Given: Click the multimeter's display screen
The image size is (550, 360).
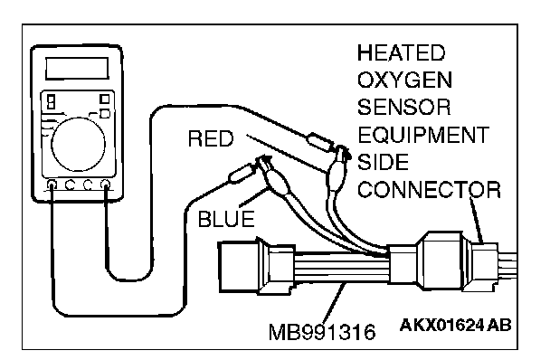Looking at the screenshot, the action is [x=77, y=68].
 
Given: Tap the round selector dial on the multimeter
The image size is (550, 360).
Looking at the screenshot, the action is [x=78, y=144].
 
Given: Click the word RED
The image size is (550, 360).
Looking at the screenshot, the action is [x=211, y=138].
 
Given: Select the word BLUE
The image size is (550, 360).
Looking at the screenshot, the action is [x=226, y=219].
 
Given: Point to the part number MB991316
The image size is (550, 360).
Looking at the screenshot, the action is [x=322, y=332].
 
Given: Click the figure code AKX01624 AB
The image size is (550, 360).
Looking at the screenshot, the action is [x=455, y=326].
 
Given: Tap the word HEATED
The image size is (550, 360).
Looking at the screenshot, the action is [x=402, y=53].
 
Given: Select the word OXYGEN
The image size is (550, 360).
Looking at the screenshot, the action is [x=404, y=80].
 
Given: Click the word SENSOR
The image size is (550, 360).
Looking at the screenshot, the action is [x=403, y=107].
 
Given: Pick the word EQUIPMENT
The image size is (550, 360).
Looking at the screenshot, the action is [x=423, y=135].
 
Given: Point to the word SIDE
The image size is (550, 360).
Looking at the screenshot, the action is [x=383, y=162].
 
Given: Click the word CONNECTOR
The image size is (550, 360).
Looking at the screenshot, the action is [x=429, y=189].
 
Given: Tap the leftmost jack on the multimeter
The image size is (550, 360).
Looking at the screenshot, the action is [x=52, y=185].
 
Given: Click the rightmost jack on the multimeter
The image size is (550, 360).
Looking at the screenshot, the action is [x=105, y=185].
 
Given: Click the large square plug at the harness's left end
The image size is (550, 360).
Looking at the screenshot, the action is [x=239, y=267].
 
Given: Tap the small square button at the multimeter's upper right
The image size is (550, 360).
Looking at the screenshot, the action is [x=104, y=99].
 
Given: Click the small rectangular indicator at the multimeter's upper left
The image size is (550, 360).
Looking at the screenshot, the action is [x=52, y=101].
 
